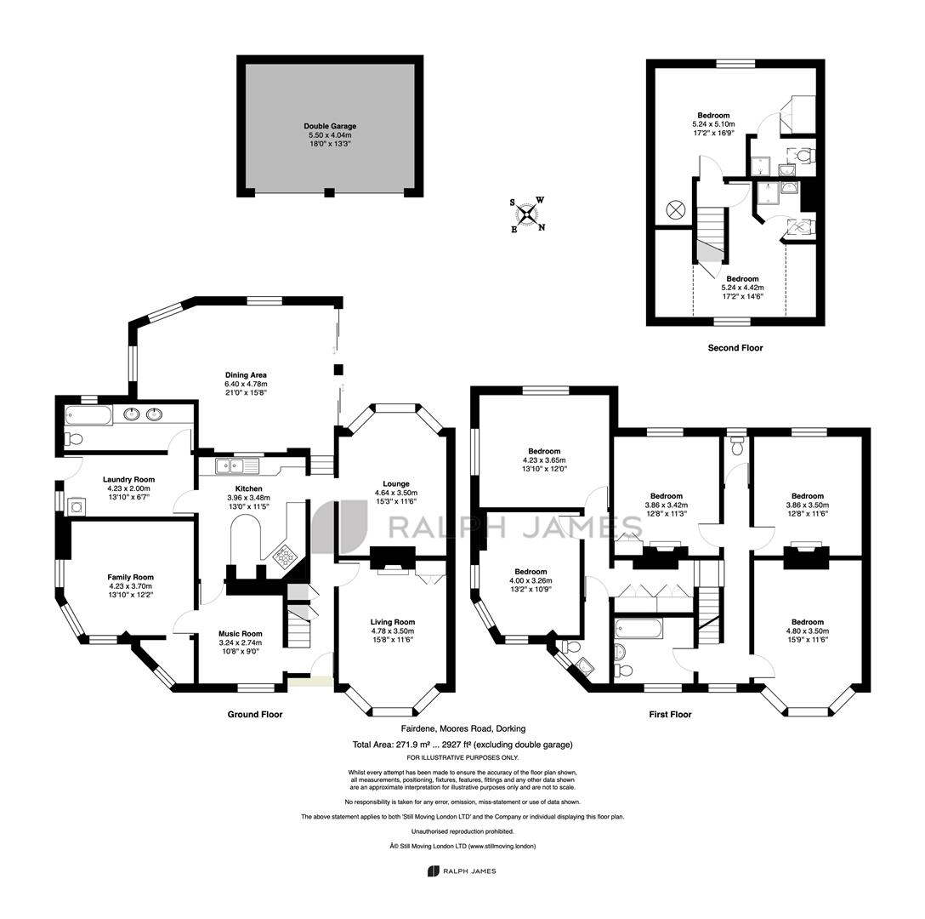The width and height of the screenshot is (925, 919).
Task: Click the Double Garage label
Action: pos(330,126)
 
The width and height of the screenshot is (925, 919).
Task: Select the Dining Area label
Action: pos(246,375)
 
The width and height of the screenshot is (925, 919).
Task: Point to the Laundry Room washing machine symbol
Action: pos(77,507)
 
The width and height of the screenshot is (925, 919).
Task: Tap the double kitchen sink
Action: pos(237,466)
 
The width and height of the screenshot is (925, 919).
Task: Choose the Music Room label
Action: pos(241,634)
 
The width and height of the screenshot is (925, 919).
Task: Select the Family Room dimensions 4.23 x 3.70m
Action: pos(130,586)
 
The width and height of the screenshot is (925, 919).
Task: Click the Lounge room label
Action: pos(396,483)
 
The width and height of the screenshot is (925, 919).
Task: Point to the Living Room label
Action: pos(393,622)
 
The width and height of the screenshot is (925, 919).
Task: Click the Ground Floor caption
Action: pos(255,714)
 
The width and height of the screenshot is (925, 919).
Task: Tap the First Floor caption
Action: pos(670,714)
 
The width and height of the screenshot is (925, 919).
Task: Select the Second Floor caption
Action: pos(735,348)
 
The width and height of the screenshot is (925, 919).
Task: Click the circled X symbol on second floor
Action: pos(675,209)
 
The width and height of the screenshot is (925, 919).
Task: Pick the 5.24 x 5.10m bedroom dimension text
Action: pos(714,124)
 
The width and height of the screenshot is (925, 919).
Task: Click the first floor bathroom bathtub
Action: pos(638,629)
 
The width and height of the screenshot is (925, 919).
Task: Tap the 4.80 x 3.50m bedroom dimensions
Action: pos(808,631)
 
